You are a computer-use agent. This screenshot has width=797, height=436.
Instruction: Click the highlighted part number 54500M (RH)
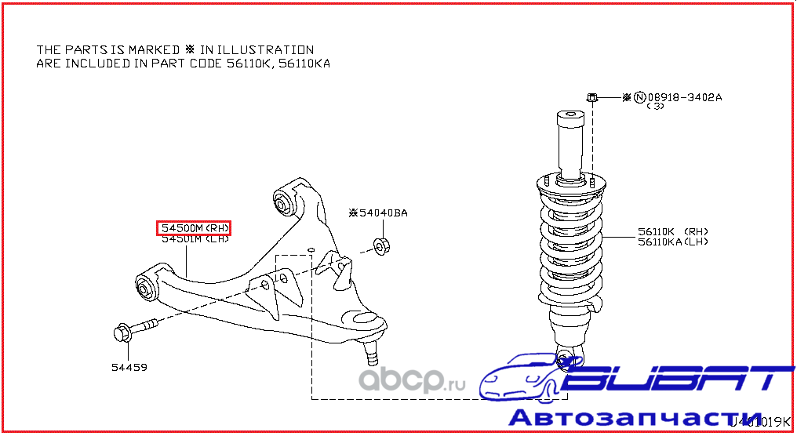coord(195,228)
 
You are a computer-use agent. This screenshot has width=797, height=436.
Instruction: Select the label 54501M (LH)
coord(195,240)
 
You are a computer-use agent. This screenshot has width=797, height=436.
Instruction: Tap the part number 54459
coord(129,367)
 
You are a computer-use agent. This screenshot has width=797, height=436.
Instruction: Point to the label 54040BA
coord(383,213)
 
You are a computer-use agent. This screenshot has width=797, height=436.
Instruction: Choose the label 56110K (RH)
coord(673,231)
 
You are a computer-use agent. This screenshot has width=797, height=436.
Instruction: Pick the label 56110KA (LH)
coord(673,242)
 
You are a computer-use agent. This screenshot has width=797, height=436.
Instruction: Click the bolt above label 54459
coord(133,331)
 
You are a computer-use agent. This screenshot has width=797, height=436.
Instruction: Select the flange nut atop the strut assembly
coord(594,98)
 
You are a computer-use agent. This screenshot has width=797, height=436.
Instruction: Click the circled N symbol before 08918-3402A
coord(639,98)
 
